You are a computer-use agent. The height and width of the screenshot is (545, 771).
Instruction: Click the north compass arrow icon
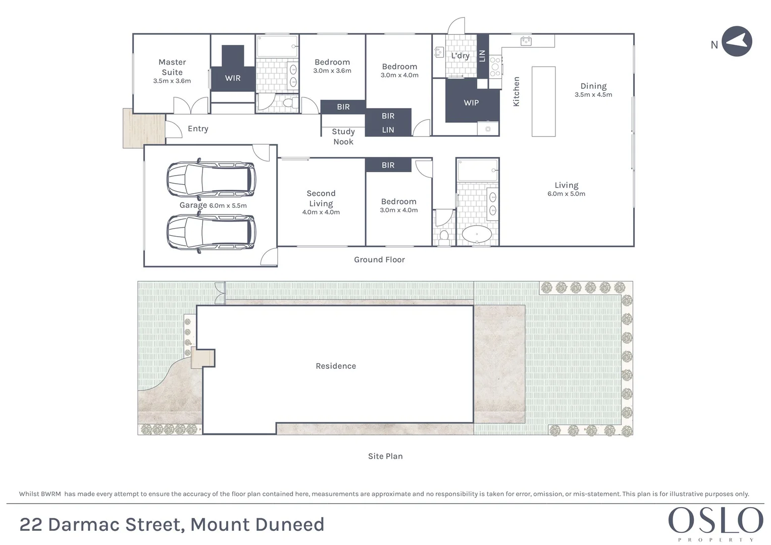point(737,41)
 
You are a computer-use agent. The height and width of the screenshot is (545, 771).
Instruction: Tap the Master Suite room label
point(172,67)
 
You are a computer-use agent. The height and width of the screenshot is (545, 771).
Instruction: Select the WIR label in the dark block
point(233,78)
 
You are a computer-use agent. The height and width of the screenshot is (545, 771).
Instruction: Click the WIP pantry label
point(471,103)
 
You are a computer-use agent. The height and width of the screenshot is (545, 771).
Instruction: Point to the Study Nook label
point(343,137)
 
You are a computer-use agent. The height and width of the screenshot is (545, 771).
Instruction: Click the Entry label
point(198,129)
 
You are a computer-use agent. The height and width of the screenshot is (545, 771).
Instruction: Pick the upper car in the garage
point(211,179)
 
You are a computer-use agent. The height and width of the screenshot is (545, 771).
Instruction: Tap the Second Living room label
point(321,198)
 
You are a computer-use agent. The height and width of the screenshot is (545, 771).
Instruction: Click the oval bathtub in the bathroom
point(477,234)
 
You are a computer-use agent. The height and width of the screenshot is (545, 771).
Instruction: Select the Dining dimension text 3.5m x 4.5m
point(593,95)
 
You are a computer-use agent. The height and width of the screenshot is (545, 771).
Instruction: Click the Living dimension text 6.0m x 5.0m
point(567,194)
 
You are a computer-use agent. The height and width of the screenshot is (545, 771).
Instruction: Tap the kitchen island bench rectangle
point(544,101)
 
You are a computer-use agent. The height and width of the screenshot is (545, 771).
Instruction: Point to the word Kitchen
point(516,91)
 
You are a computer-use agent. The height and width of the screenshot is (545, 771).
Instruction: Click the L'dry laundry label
point(460,56)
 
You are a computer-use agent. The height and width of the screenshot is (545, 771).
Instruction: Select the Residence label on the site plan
point(336,366)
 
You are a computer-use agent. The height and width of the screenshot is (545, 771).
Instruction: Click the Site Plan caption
point(385,456)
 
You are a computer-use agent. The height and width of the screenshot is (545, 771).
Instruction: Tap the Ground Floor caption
point(379,260)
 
